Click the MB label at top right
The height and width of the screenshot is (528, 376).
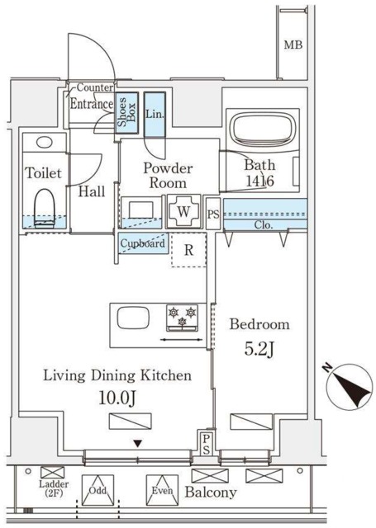pyautogui.click(x=293, y=45)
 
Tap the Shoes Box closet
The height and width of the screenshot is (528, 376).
pyautogui.click(x=126, y=112)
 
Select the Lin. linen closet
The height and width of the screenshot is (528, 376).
pyautogui.click(x=155, y=115)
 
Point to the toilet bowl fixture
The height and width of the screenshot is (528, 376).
pyautogui.click(x=44, y=209)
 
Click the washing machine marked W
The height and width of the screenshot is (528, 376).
pyautogui.click(x=183, y=212)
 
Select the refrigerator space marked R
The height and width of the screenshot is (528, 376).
pyautogui.click(x=188, y=250)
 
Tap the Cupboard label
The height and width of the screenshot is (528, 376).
pyautogui.click(x=143, y=243)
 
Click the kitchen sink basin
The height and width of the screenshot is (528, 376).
pyautogui.click(x=133, y=318)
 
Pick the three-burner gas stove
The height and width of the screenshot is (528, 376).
pyautogui.click(x=182, y=318)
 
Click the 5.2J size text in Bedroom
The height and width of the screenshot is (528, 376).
pyautogui.click(x=259, y=350)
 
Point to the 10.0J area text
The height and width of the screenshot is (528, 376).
pyautogui.click(x=117, y=398)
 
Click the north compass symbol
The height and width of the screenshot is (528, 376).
pyautogui.click(x=350, y=387)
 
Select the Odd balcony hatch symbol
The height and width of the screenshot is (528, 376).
pyautogui.click(x=98, y=490)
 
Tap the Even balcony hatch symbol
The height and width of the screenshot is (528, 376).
pyautogui.click(x=162, y=490)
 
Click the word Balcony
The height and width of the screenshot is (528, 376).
pyautogui.click(x=211, y=493)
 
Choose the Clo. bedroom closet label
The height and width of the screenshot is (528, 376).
pyautogui.click(x=264, y=225)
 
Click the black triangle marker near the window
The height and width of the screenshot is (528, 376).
pyautogui.click(x=137, y=444)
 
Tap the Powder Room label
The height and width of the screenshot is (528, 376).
pyautogui.click(x=168, y=176)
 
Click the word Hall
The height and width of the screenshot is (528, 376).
pyautogui.click(x=92, y=191)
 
